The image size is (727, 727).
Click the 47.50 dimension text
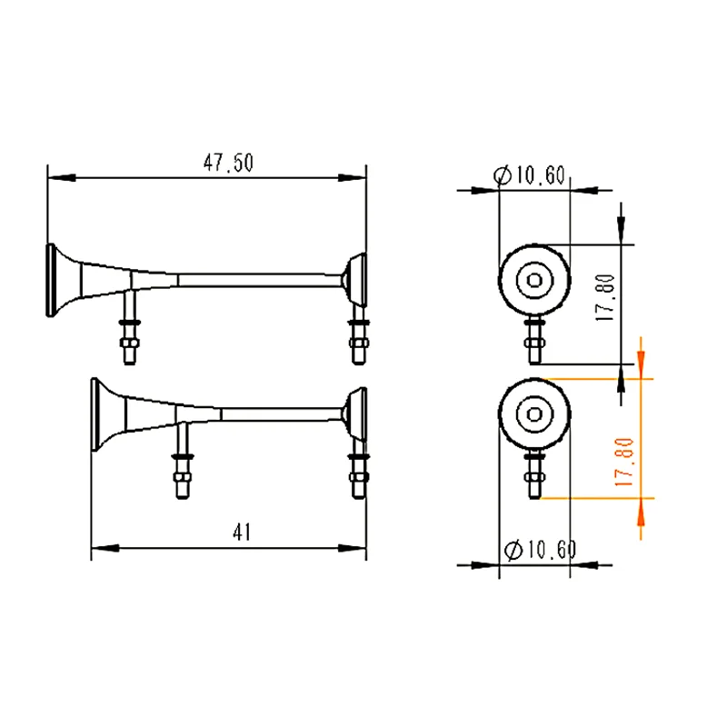point(228,163)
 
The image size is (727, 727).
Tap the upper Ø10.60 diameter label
point(534,175)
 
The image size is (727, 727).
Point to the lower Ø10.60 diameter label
point(539,550)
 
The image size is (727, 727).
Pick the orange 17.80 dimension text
point(624,462)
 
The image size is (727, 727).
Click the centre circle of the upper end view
point(534,280)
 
